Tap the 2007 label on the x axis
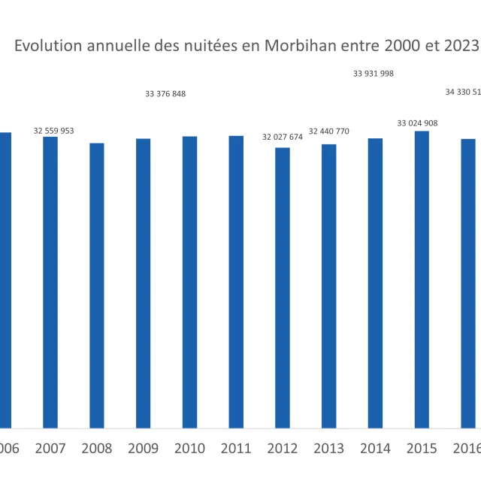tap(50, 449)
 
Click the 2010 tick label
tap(189, 449)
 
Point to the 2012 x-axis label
tap(282, 449)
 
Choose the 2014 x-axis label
tap(375, 449)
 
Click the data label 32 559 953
tap(53, 131)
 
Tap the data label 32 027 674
tap(282, 138)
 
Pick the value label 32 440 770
tap(328, 132)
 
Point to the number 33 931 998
tap(374, 74)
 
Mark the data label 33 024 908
tap(417, 123)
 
